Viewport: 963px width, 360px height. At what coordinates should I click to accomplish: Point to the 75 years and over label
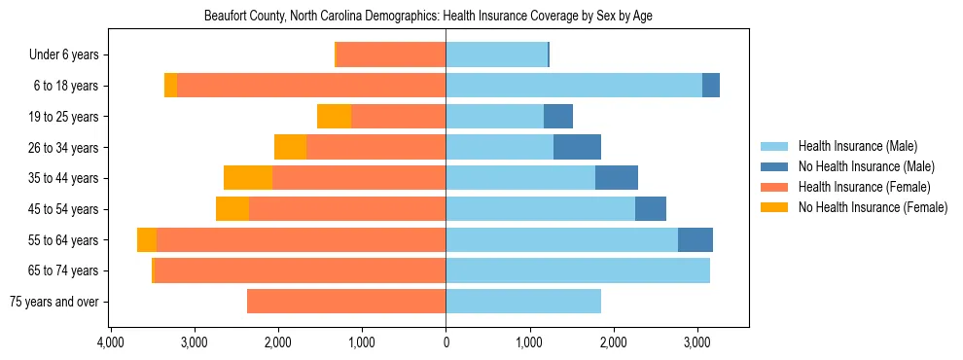53,302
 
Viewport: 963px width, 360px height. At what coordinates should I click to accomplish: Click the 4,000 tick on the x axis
111,343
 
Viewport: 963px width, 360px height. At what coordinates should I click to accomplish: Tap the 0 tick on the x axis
446,343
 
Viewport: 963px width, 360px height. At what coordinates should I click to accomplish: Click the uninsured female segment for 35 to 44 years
248,178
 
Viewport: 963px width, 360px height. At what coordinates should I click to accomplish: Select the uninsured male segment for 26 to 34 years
577,147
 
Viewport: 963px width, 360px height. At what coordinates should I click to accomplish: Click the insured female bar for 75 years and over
346,302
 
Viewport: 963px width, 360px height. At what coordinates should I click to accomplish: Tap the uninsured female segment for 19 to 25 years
334,117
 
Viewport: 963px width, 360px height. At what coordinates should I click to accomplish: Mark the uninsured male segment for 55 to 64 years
695,239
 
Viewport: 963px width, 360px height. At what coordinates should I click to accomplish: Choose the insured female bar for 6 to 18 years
311,86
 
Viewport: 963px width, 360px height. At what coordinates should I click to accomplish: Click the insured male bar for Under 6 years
496,55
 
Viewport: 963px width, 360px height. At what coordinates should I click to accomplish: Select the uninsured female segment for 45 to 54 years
232,209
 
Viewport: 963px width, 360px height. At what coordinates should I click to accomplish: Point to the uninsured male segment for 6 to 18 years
711,86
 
